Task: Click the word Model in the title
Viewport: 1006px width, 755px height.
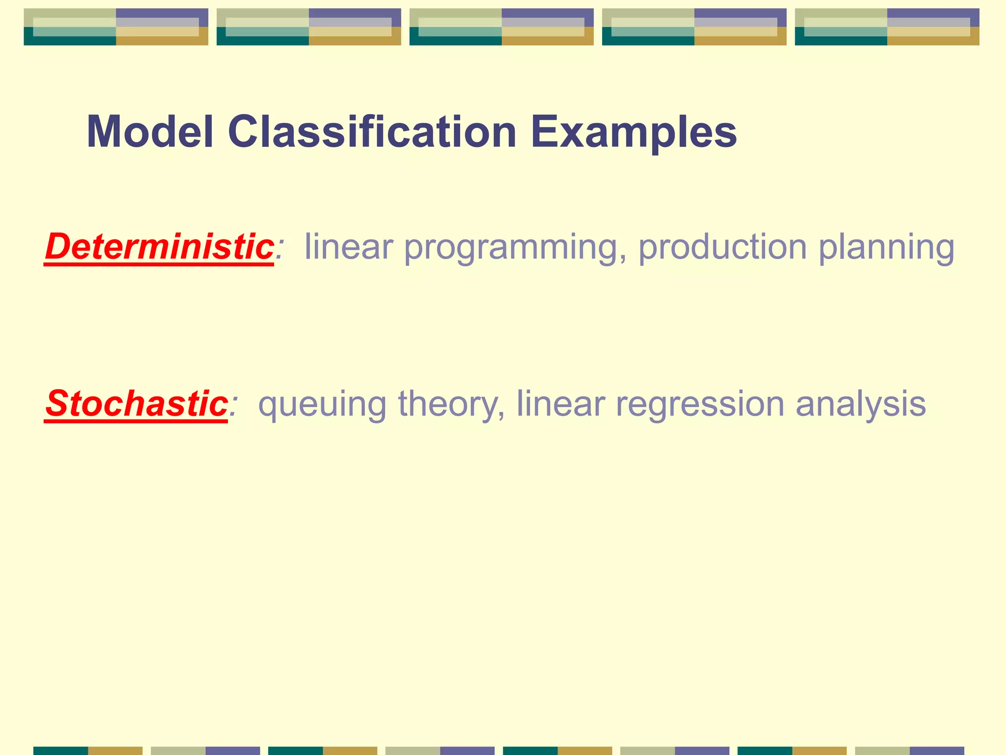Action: [x=150, y=132]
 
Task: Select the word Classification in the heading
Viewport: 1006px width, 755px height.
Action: [x=372, y=132]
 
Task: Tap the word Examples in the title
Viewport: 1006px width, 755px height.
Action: [x=634, y=132]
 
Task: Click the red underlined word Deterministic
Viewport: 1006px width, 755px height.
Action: [x=159, y=246]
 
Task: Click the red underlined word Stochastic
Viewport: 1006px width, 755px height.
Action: [x=136, y=404]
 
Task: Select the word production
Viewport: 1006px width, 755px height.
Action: [x=722, y=246]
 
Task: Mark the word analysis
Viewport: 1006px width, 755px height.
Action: [x=861, y=405]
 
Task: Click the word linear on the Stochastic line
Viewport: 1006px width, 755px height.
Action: [x=560, y=404]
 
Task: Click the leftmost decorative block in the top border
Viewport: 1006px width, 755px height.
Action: [x=116, y=27]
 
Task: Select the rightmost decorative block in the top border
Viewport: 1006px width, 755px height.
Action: [x=887, y=27]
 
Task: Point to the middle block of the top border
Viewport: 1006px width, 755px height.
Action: [x=502, y=27]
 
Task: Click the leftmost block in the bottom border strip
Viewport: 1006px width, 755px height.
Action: [x=88, y=751]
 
